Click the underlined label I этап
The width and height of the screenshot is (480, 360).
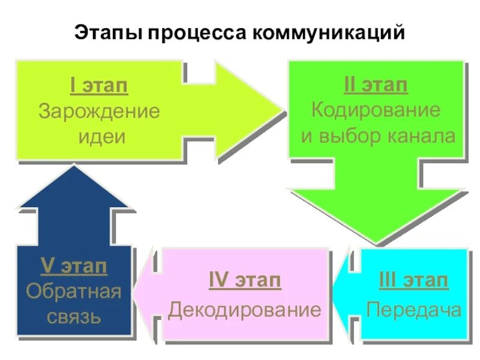click(x=99, y=86)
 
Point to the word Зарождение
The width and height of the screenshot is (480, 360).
click(x=99, y=112)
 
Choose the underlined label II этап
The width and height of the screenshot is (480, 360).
click(x=376, y=86)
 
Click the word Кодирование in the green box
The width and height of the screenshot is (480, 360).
click(x=376, y=110)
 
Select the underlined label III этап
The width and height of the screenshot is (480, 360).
click(x=414, y=281)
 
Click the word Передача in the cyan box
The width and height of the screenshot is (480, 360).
click(x=414, y=310)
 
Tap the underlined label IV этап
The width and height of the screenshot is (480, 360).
click(x=244, y=281)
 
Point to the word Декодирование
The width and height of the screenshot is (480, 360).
click(x=244, y=310)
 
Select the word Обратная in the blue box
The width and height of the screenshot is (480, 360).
click(x=74, y=292)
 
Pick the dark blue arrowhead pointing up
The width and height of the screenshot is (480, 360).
click(x=73, y=189)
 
